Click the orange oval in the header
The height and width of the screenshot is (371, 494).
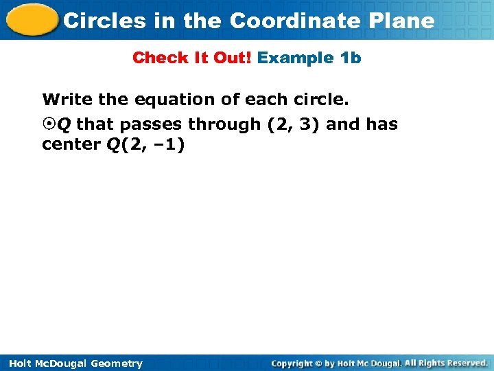[30, 21]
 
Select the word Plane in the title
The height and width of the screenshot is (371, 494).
[408, 21]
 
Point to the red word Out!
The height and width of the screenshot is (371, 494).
[232, 58]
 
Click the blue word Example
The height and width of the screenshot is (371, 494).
[296, 58]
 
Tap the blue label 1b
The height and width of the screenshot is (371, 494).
[351, 58]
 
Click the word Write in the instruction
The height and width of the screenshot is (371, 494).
[68, 100]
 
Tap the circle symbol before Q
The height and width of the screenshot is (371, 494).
[48, 124]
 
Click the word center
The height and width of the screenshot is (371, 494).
[69, 145]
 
